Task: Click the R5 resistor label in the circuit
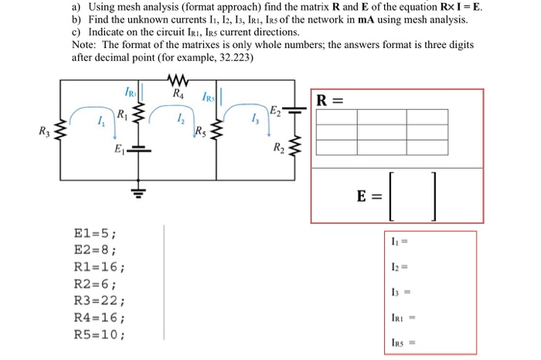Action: coord(202,130)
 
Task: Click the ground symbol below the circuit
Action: coord(141,192)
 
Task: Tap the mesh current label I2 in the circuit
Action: coord(179,119)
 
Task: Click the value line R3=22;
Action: coord(97,301)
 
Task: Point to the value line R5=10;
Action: coord(97,335)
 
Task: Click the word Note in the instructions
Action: coord(85,45)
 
